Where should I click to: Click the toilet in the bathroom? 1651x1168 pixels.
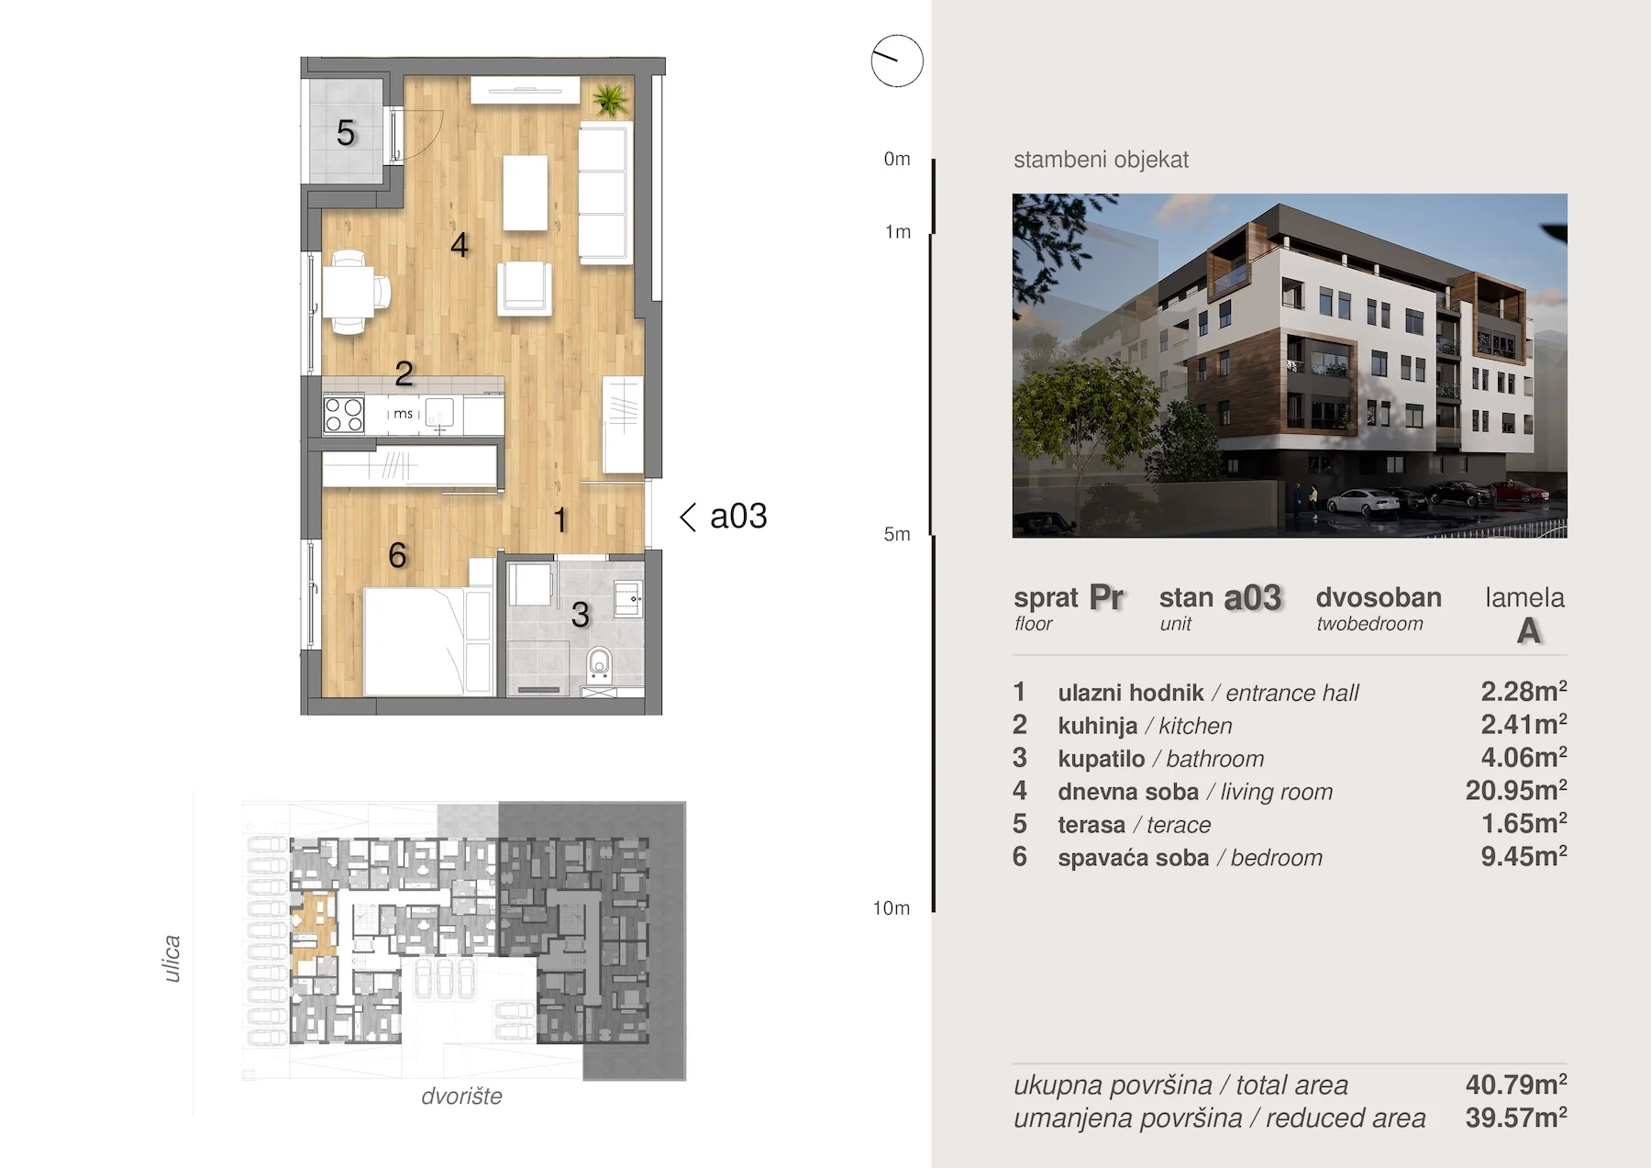(x=599, y=662)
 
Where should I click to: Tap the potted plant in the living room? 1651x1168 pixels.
(x=610, y=99)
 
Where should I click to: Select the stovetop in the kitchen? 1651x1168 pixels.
(x=344, y=414)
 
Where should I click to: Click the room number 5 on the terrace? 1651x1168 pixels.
(x=346, y=133)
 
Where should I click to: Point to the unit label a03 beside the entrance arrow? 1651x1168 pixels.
(x=738, y=517)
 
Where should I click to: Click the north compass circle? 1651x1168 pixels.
(x=897, y=61)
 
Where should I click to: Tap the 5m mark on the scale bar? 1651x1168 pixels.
(x=897, y=534)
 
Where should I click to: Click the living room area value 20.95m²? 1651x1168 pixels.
(x=1516, y=790)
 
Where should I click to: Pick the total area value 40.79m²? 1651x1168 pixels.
(x=1516, y=1085)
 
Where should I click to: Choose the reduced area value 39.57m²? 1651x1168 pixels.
(x=1516, y=1118)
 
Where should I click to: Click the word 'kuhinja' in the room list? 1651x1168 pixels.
(x=1097, y=726)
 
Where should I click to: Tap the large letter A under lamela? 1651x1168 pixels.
(x=1528, y=631)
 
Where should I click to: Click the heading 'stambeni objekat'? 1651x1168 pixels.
(x=1101, y=160)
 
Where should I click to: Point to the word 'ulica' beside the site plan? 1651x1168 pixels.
(x=172, y=959)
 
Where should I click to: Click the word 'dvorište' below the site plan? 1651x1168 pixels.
(x=461, y=1096)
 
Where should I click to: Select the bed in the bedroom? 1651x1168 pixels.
(x=415, y=641)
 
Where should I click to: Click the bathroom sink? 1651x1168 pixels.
(x=628, y=599)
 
